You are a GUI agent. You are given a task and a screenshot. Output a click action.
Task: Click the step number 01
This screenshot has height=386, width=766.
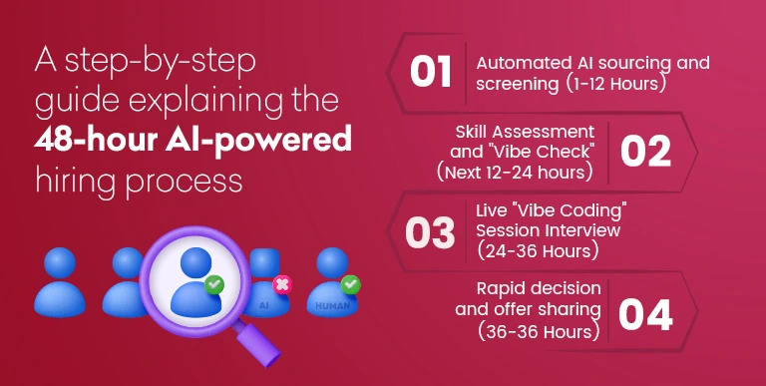click(x=431, y=72)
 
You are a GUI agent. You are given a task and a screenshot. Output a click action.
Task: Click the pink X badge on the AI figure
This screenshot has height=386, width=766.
click(x=282, y=285)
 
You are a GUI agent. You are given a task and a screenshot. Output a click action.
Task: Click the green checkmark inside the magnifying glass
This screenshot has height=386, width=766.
click(x=212, y=287)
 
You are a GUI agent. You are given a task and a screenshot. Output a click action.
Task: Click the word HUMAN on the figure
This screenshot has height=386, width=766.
click(x=331, y=306)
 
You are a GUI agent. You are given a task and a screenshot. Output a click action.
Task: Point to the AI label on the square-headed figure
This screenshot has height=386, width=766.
click(x=264, y=305)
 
